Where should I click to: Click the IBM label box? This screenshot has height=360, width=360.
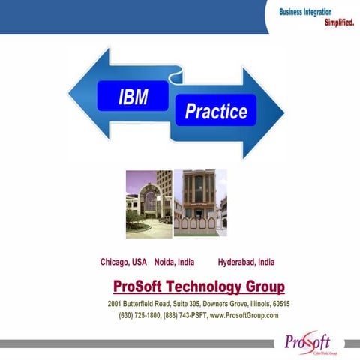click(133, 97)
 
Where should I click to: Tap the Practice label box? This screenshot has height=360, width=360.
click(216, 112)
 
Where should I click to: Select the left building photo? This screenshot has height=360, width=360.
click(148, 203)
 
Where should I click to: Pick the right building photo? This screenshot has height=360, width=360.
click(199, 203)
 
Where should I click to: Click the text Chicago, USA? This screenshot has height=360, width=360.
click(124, 262)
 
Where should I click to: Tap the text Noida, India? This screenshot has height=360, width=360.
click(174, 262)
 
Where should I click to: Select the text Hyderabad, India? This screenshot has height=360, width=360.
click(246, 262)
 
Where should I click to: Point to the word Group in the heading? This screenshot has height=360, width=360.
click(265, 286)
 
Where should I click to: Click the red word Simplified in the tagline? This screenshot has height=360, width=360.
click(339, 22)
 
